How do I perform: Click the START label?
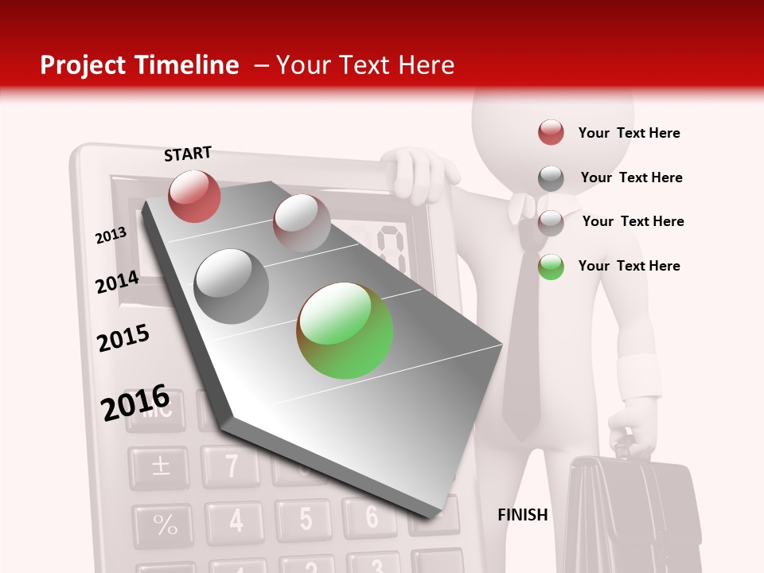tap(188, 154)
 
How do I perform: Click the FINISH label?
tap(522, 515)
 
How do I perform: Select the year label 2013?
tap(111, 235)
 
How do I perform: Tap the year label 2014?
tap(117, 282)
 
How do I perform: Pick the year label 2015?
tap(123, 338)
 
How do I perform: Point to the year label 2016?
tap(135, 402)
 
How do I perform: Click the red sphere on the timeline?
tap(194, 196)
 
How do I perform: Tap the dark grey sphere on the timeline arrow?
tap(232, 286)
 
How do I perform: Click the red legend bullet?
tap(551, 133)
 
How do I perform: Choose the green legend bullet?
tap(551, 267)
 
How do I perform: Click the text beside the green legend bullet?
tap(629, 266)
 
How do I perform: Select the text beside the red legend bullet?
tap(629, 133)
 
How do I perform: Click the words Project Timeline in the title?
tap(139, 65)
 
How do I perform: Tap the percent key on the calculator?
tap(165, 524)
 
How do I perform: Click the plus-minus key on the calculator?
tap(161, 466)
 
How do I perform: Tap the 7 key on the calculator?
tap(231, 466)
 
